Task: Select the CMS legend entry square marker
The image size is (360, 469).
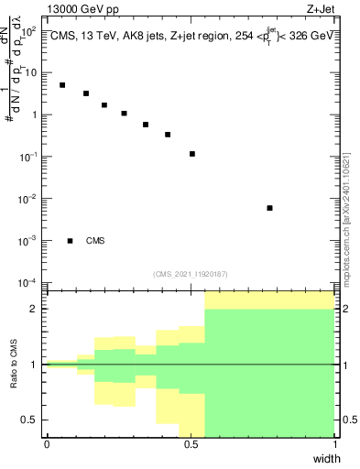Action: pos(71,241)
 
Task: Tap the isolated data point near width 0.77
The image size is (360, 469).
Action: pos(269,208)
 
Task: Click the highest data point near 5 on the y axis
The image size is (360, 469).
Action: pos(62,85)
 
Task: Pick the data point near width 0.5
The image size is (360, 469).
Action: pos(192,154)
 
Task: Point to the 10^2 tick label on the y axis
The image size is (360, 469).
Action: pos(28,31)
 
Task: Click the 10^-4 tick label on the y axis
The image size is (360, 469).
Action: pos(28,282)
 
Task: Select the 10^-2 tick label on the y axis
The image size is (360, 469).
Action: pos(28,199)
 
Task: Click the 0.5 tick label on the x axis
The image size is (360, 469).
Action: pos(191,444)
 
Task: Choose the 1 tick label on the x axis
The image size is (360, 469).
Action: pos(335,444)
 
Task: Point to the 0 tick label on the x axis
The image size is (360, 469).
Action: pos(47,444)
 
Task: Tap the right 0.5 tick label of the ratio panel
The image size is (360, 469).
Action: pos(348,420)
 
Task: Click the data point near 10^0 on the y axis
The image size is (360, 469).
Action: pos(124,114)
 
